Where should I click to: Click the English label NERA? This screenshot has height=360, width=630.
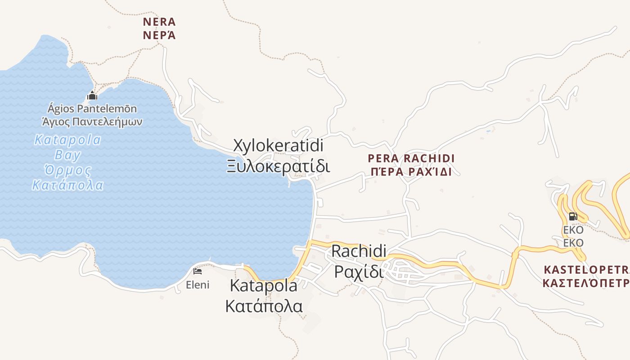tap(159, 22)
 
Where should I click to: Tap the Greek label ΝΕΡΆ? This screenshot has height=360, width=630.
tap(159, 35)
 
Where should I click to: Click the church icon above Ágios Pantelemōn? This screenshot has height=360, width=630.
tap(92, 95)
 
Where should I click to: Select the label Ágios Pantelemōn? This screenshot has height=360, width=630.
tap(92, 108)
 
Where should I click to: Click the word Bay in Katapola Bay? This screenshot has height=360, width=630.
tap(67, 156)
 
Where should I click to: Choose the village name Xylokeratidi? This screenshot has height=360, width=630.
tap(278, 145)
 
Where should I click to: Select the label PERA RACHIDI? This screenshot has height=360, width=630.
tap(411, 158)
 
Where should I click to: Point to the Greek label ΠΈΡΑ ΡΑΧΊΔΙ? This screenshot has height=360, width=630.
tap(411, 172)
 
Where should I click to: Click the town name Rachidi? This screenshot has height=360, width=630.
tap(359, 251)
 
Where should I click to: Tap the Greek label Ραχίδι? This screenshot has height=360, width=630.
tap(359, 272)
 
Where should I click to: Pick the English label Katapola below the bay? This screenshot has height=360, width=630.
tap(263, 285)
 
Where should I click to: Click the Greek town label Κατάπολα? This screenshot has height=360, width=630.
tap(263, 306)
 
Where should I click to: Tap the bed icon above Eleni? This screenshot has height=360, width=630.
tap(197, 271)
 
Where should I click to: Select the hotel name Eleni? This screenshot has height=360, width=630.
tap(198, 285)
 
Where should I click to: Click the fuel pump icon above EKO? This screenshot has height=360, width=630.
tap(573, 216)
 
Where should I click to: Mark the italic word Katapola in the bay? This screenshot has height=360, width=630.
tap(67, 140)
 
